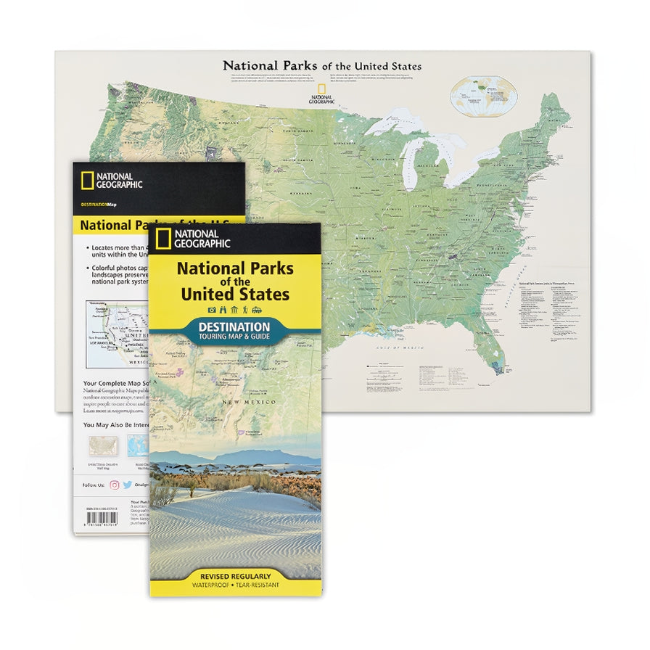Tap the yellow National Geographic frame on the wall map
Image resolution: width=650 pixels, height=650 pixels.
[x=320, y=89]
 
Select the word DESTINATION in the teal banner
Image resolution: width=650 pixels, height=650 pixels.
[x=234, y=327]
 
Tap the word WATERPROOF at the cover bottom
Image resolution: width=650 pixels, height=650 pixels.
[x=211, y=585]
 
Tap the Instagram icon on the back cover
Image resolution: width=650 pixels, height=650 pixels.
[x=114, y=485]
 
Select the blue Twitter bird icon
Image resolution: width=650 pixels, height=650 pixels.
[x=128, y=485]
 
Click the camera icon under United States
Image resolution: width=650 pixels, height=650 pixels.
[x=212, y=310]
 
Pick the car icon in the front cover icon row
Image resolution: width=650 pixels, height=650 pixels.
[x=257, y=310]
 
